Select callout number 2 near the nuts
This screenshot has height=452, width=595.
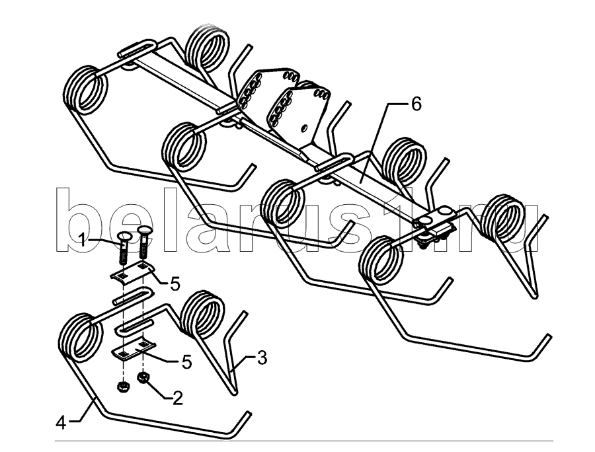177,398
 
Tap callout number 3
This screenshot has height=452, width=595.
262,358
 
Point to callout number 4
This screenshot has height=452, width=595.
61,423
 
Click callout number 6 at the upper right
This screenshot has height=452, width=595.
416,104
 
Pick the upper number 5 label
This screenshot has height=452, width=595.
175,284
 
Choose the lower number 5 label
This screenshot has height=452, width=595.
186,362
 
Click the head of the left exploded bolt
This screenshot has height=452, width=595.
126,237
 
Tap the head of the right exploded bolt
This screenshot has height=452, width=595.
145,230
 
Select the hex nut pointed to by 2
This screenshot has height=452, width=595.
143,378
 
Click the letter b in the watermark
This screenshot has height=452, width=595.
79,220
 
